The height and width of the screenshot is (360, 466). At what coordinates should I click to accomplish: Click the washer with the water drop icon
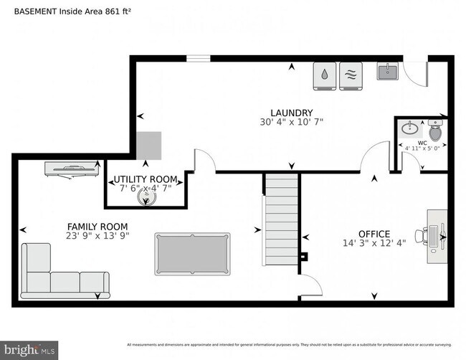coord(325,76)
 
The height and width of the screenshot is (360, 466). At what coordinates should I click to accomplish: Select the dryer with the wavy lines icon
coord(351,76)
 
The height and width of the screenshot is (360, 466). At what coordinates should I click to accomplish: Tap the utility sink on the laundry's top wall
coord(387,72)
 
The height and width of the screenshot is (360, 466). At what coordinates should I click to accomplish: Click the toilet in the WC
coord(435,131)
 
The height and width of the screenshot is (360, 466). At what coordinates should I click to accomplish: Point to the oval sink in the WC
coord(410,129)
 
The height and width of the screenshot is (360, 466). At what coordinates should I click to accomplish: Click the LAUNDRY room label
coord(291,113)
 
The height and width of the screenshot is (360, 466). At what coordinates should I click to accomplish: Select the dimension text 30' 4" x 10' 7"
coord(291,123)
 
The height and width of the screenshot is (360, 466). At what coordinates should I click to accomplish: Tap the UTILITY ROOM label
coord(146,179)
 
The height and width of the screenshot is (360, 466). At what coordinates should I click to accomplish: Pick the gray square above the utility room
coord(150,146)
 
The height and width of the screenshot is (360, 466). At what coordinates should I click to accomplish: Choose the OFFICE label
coord(374,234)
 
